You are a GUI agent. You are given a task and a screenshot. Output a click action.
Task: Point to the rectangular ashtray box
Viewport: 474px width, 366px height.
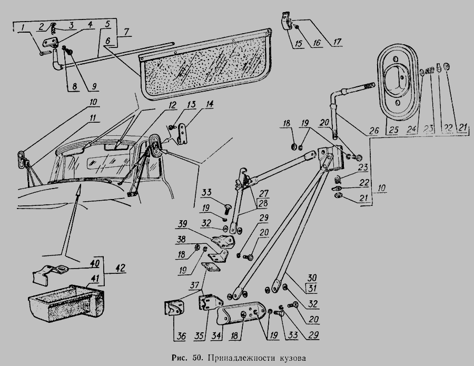click(x=66, y=304)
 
